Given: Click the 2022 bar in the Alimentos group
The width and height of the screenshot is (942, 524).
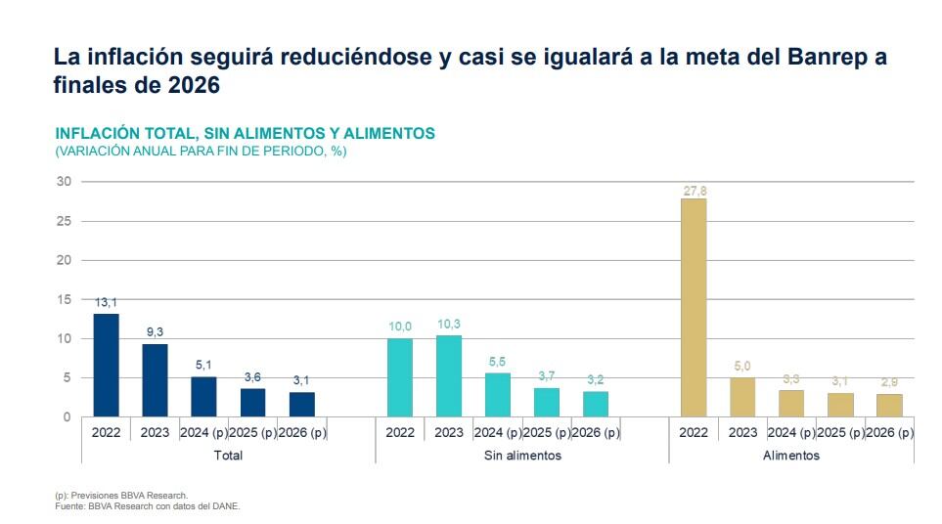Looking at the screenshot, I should coord(694,307).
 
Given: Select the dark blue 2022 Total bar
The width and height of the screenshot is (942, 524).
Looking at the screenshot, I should coord(106,365).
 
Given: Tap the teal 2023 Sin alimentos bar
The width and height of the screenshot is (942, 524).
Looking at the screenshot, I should coord(449,375).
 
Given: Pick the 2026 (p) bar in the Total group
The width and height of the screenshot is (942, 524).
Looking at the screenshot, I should coord(301,404).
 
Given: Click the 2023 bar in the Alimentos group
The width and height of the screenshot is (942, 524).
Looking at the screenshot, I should coord(742,397).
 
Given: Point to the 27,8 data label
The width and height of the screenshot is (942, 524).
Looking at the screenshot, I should coord(694,192).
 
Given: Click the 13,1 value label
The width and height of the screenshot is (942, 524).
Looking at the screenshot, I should coord(106,303).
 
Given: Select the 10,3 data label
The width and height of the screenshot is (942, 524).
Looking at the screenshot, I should coord(449,325).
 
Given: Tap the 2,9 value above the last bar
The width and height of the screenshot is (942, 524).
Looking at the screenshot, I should coord(889,382).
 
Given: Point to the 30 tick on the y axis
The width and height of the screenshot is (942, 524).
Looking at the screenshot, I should coord(64,182).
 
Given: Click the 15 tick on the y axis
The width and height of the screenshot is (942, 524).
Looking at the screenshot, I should coord(64,299).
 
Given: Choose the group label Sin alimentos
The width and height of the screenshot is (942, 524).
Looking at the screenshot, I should coord(522,456).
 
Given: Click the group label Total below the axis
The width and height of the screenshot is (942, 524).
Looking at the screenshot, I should coord(227,456).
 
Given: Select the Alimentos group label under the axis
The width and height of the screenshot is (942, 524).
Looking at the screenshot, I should coord(791,456).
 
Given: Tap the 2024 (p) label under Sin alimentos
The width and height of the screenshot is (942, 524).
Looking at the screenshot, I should coord(498,432).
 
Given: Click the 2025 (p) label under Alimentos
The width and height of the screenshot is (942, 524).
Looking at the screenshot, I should coord(840,432).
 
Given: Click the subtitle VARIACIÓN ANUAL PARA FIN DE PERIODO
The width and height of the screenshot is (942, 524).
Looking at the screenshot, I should coord(201,152).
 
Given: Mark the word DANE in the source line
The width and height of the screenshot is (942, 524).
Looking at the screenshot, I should coord(225,506).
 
